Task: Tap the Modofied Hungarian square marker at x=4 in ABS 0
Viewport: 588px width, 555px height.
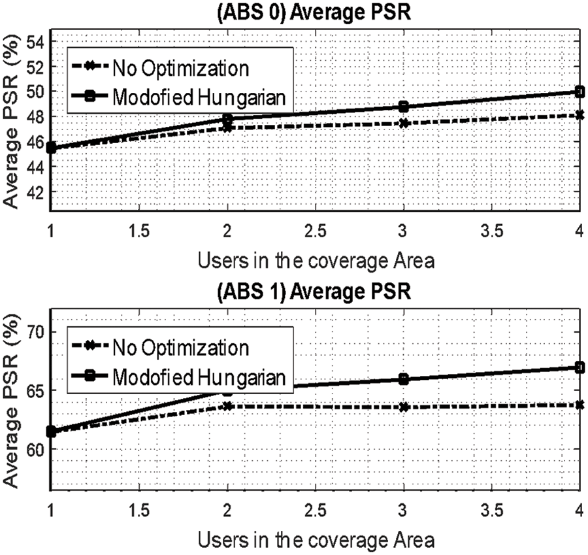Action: pyautogui.click(x=580, y=92)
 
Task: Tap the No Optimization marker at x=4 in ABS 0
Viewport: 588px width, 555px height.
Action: pyautogui.click(x=580, y=115)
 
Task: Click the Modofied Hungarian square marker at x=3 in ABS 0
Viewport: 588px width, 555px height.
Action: pyautogui.click(x=404, y=107)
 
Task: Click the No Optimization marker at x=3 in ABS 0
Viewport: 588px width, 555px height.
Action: pyautogui.click(x=404, y=123)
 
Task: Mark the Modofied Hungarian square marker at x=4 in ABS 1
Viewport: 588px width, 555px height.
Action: pyautogui.click(x=580, y=367)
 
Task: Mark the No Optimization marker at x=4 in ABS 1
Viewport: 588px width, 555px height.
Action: pyautogui.click(x=580, y=405)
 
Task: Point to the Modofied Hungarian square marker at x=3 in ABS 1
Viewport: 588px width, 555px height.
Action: pyautogui.click(x=404, y=379)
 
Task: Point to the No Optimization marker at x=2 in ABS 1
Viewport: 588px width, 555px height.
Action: pyautogui.click(x=227, y=406)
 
